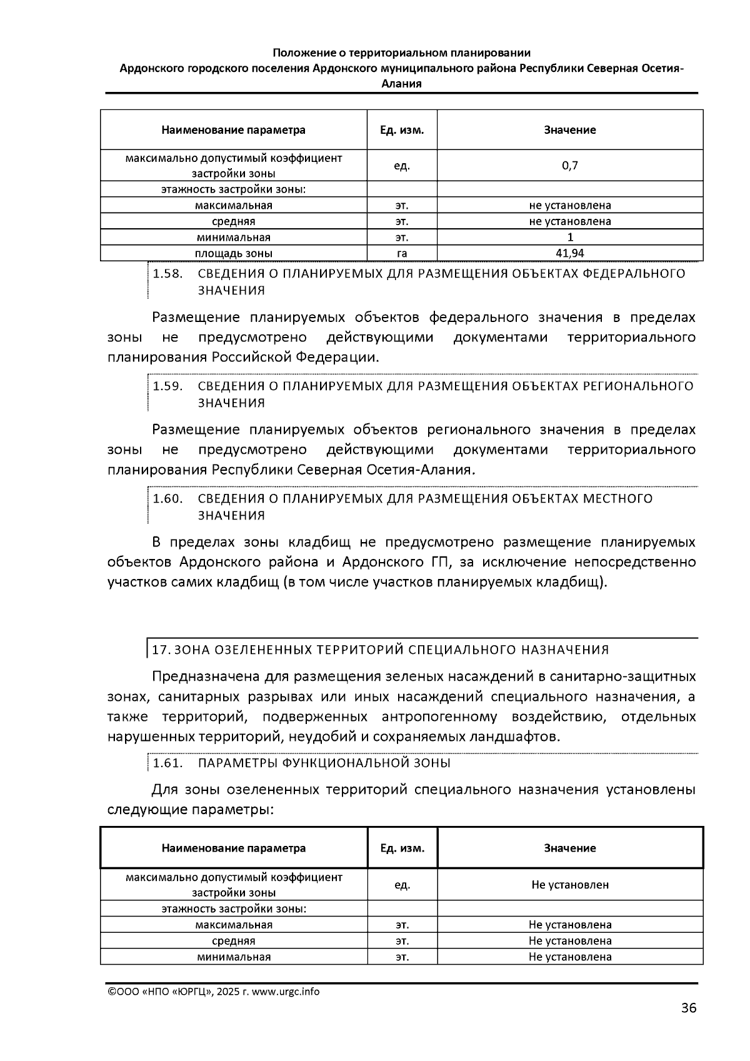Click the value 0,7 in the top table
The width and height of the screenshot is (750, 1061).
tap(569, 166)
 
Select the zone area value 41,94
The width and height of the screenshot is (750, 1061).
tap(569, 253)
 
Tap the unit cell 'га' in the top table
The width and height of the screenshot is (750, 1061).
tap(402, 253)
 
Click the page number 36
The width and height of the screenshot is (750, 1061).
tap(688, 1008)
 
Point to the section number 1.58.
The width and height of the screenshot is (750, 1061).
tap(167, 274)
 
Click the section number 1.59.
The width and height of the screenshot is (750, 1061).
tap(167, 386)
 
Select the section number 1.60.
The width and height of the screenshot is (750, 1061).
tap(167, 499)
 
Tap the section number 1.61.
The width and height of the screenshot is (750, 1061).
tap(167, 763)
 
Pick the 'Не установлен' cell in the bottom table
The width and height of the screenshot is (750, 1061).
tap(569, 885)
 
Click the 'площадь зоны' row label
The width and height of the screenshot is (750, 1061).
tap(233, 253)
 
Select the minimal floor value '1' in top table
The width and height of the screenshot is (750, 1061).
tap(569, 237)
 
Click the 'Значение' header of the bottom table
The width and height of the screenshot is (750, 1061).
tap(569, 848)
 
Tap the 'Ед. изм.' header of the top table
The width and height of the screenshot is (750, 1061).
tap(402, 130)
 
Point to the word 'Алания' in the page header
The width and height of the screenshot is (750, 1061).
tap(401, 83)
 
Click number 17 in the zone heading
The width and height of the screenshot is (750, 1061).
tap(161, 650)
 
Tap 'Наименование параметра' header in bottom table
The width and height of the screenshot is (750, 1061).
tap(233, 848)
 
